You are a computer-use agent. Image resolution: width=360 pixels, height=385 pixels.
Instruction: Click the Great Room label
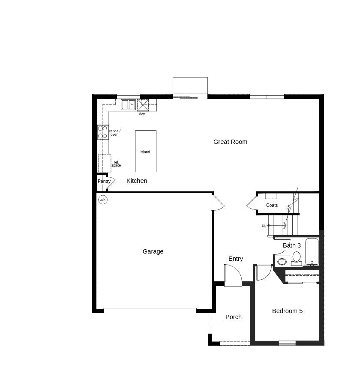pyautogui.click(x=230, y=142)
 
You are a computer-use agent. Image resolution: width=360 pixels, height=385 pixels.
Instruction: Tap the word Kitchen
pyautogui.click(x=137, y=181)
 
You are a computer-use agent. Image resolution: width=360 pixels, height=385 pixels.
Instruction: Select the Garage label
pyautogui.click(x=153, y=251)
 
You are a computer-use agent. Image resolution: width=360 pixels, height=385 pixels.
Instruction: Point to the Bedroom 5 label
pyautogui.click(x=287, y=311)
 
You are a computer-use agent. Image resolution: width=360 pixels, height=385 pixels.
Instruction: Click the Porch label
pyautogui.click(x=234, y=317)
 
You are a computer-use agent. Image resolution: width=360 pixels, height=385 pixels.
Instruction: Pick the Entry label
pyautogui.click(x=236, y=259)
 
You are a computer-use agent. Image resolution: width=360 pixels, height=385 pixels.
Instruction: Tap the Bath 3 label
pyautogui.click(x=292, y=245)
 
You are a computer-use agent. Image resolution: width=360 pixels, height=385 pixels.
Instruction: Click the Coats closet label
pyautogui.click(x=272, y=206)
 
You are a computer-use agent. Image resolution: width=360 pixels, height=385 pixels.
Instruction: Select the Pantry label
pyautogui.click(x=104, y=182)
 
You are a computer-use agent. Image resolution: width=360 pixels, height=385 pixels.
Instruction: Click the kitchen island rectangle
pyautogui.click(x=146, y=151)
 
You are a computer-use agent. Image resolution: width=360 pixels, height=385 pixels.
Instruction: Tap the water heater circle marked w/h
pyautogui.click(x=103, y=200)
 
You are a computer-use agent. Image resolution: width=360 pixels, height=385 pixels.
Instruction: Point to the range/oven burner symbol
pyautogui.click(x=103, y=132)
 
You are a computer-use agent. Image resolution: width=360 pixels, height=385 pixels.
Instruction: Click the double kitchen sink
pyautogui.click(x=128, y=104)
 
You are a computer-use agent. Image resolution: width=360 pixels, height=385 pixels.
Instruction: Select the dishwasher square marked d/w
pyautogui.click(x=143, y=105)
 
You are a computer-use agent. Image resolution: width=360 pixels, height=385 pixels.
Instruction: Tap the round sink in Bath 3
pyautogui.click(x=282, y=261)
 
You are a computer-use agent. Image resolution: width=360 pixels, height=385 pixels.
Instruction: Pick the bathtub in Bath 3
pyautogui.click(x=312, y=251)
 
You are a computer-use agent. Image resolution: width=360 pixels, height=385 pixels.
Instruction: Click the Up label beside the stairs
pyautogui.click(x=264, y=226)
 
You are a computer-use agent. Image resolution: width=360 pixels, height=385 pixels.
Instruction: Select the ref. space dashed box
pyautogui.click(x=105, y=163)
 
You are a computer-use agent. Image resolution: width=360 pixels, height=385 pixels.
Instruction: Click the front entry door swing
pyautogui.click(x=233, y=276)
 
